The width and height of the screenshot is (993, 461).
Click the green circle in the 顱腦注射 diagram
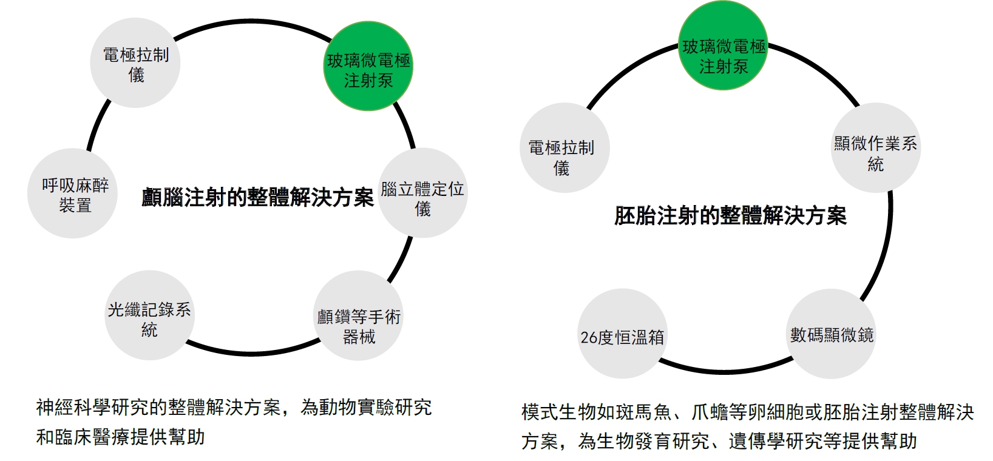click(368, 67)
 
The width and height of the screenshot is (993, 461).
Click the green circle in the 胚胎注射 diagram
click(723, 46)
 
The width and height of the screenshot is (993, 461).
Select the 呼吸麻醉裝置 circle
click(72, 193)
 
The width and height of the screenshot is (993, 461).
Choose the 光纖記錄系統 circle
click(149, 315)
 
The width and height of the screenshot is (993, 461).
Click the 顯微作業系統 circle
click(875, 148)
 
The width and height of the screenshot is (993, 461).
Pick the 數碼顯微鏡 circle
click(832, 334)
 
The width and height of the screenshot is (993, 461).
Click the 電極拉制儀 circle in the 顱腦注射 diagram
click(135, 63)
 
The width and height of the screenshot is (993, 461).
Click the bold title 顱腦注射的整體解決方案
click(257, 197)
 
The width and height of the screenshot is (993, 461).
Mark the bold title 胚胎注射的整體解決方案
click(730, 216)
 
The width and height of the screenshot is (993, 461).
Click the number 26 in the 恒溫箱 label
click(589, 337)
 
